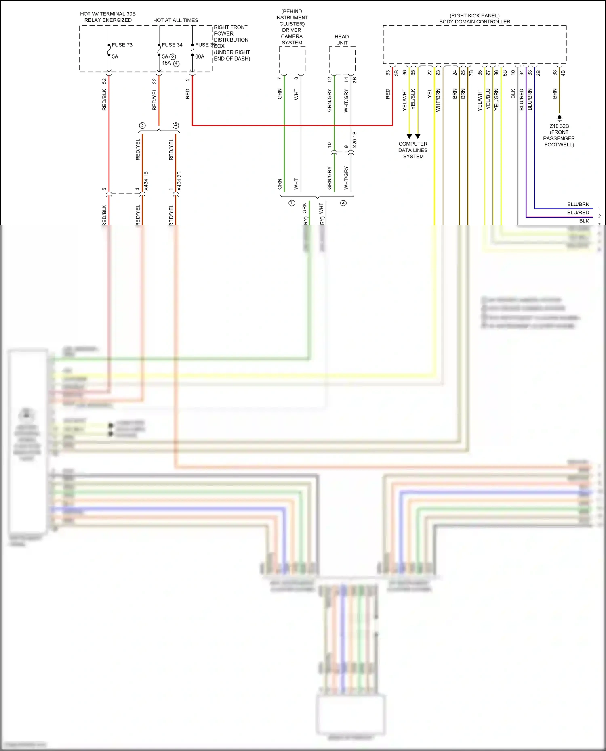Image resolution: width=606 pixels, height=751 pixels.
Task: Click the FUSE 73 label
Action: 122,45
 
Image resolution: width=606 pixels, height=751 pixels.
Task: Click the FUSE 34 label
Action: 172,45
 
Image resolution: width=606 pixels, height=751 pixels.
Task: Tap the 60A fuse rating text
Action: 200,56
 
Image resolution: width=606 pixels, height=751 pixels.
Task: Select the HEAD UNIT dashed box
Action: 342,60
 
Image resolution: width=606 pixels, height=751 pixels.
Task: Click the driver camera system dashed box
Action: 292,60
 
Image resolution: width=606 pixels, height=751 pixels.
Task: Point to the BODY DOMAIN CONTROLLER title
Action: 474,22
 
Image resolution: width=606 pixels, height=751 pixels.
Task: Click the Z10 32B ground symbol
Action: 559,118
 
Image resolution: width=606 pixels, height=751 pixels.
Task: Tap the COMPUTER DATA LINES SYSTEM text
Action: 413,150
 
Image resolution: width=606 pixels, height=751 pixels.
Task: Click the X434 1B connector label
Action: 146,181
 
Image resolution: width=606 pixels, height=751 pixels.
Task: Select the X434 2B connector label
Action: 179,181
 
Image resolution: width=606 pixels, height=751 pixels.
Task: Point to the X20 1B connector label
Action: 355,139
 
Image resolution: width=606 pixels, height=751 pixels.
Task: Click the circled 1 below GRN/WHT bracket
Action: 292,203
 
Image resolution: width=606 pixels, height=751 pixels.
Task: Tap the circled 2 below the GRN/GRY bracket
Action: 343,203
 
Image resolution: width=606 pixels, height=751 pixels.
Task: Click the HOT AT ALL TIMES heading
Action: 175,20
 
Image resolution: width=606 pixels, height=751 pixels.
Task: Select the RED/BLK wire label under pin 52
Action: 104,100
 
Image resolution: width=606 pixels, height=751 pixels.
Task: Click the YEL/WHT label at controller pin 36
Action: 404,100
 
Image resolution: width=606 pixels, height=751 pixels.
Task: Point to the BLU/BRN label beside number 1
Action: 578,204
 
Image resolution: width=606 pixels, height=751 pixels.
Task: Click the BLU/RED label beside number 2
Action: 578,213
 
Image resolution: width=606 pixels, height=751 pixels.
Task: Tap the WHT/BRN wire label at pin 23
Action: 438,100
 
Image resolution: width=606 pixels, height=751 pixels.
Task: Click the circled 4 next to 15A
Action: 176,63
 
